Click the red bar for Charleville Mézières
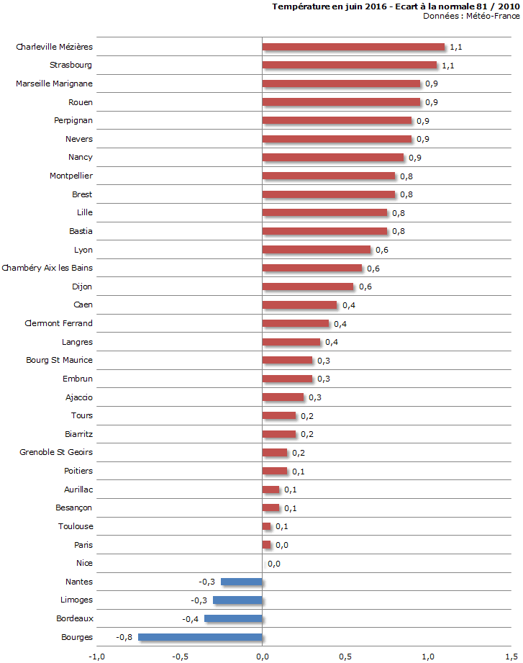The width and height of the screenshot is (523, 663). [353, 47]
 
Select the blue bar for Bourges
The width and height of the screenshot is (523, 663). [200, 637]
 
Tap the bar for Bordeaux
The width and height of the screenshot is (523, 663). [233, 618]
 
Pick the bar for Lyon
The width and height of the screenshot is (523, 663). [317, 250]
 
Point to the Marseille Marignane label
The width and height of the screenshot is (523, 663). [54, 84]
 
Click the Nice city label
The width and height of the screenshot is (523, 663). [84, 563]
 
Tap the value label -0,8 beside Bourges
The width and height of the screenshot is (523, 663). [124, 637]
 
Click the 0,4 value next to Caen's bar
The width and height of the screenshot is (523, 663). [348, 305]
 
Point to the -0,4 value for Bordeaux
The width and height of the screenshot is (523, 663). [191, 618]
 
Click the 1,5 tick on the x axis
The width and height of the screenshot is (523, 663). [511, 656]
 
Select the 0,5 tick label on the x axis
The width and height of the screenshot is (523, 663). [345, 656]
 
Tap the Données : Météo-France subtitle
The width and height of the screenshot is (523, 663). [470, 16]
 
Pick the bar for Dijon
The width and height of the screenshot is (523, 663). [308, 287]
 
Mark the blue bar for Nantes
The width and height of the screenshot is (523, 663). [242, 582]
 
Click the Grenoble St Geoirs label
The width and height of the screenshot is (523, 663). [56, 452]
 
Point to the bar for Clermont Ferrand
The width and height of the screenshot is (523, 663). [295, 323]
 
